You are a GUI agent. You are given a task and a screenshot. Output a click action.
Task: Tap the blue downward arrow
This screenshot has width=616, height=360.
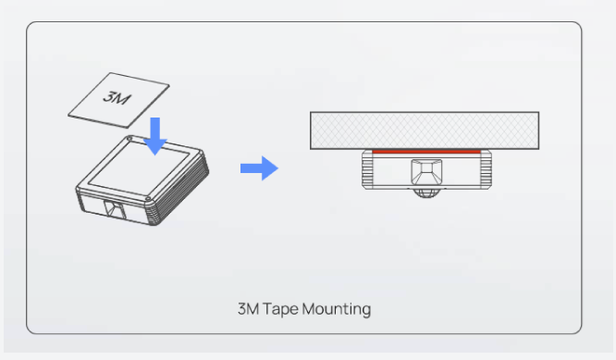click(156, 135)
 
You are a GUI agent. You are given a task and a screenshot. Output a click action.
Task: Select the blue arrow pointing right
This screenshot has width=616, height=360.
click(258, 168)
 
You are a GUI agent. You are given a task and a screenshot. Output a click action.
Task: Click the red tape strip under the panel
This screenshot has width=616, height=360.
click(425, 150)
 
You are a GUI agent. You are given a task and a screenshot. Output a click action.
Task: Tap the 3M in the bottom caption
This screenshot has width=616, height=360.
click(251, 308)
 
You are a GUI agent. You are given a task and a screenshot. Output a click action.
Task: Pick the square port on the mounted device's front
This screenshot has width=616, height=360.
click(425, 171)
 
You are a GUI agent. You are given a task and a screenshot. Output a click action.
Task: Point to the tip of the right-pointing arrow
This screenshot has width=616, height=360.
click(277, 168)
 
